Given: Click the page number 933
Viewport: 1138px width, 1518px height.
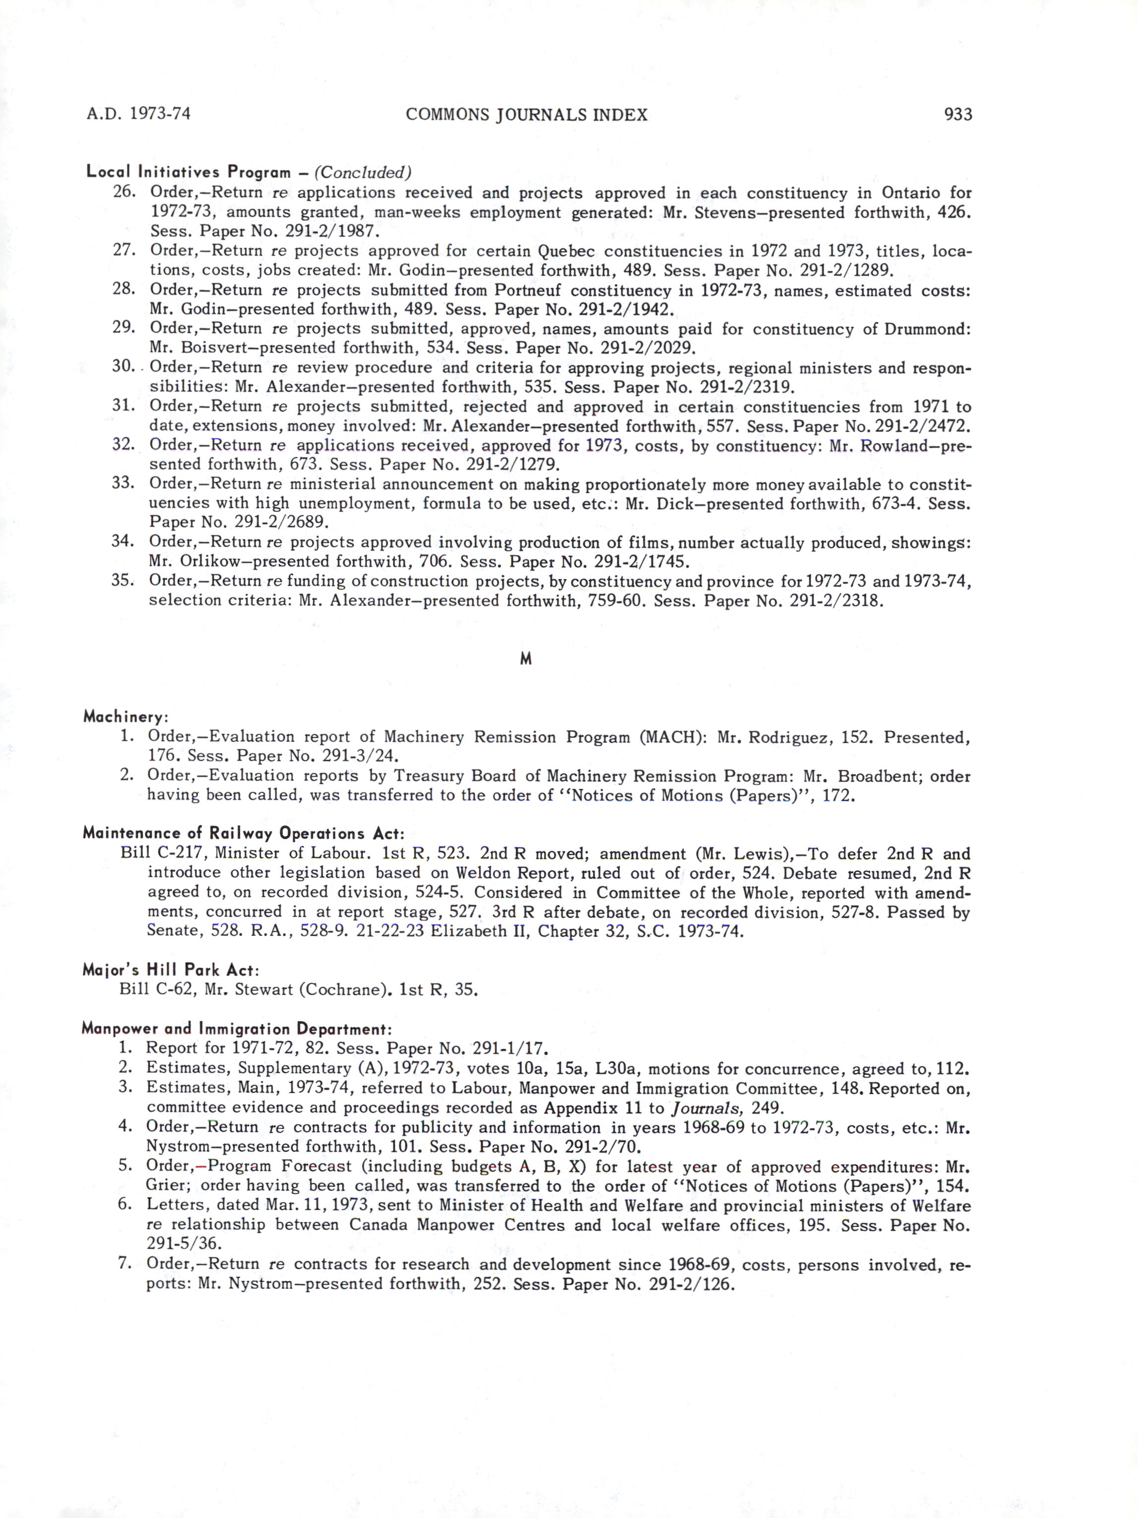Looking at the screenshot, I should (x=957, y=114).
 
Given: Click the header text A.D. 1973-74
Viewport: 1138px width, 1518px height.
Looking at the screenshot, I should (x=138, y=114).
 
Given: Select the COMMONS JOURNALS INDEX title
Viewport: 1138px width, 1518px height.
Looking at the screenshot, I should (x=526, y=115).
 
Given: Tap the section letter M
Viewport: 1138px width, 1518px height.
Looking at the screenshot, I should (x=526, y=659).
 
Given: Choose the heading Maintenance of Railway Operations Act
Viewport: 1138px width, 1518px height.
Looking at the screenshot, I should (x=243, y=834).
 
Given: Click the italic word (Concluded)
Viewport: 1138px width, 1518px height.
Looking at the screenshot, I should (x=363, y=172).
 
